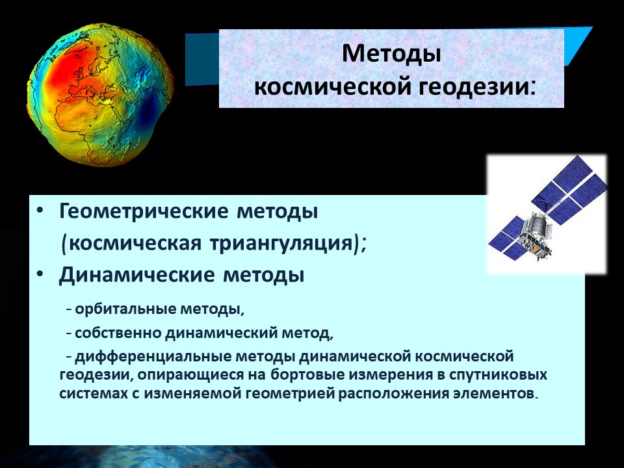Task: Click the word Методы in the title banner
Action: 391,53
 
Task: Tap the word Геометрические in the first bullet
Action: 144,211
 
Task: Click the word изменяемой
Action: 192,394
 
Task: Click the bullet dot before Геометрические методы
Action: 40,211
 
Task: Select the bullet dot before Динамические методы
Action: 40,274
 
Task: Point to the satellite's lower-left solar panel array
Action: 508,238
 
